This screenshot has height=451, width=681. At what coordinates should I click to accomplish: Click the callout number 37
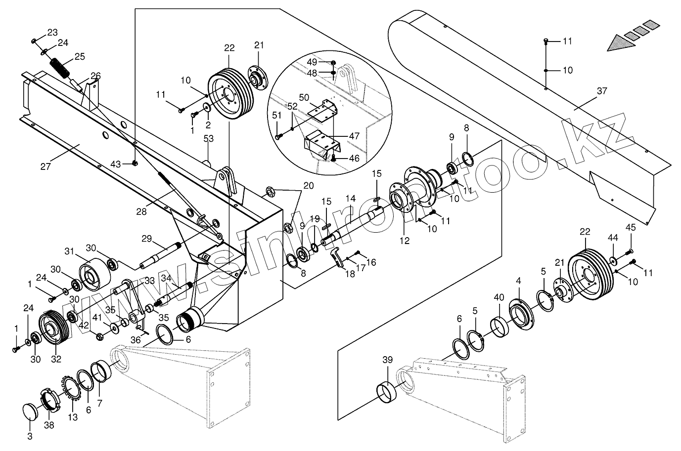coord(601,91)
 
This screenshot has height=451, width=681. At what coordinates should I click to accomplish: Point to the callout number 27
coord(45,166)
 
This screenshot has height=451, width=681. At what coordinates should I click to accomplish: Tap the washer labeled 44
coord(613,260)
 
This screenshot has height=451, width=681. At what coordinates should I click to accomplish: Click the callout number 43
coord(116,163)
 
